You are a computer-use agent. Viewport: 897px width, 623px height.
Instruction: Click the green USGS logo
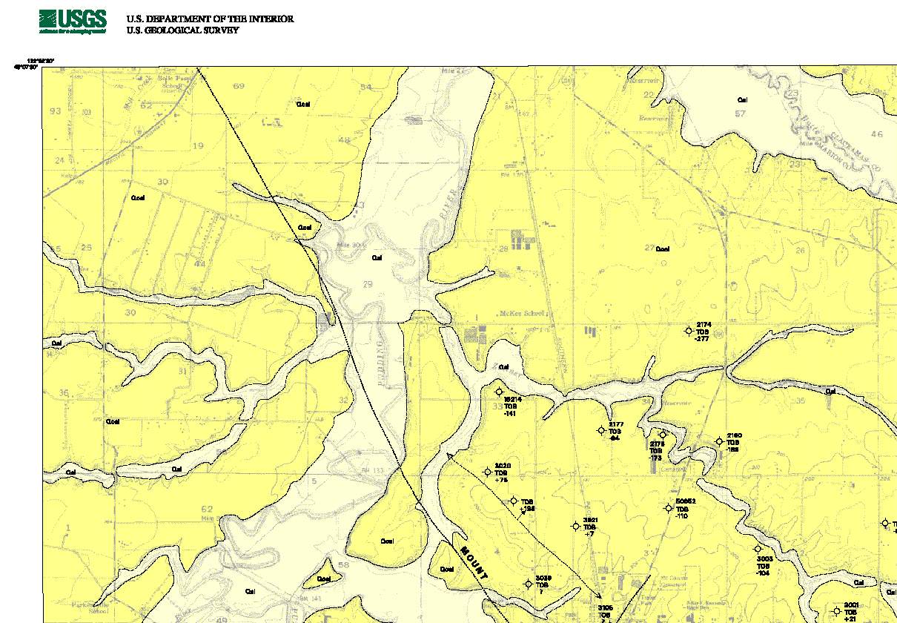tap(72, 22)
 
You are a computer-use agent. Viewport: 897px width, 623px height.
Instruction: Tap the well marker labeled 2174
tap(689, 331)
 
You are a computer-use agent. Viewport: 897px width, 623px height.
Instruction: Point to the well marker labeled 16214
tap(499, 392)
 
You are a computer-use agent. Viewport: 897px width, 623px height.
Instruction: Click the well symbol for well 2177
tap(601, 430)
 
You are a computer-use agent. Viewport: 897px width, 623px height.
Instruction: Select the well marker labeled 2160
tap(719, 441)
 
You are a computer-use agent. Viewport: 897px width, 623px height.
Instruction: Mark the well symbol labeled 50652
tap(669, 508)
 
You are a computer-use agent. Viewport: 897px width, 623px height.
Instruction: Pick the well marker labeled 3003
tap(758, 549)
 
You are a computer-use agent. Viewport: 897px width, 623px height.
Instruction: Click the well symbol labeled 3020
tap(488, 472)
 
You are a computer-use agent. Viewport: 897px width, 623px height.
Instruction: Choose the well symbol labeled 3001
tap(837, 611)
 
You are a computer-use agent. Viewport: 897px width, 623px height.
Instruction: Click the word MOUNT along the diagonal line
tap(475, 564)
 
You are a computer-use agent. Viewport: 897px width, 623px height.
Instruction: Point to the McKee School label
tap(523, 313)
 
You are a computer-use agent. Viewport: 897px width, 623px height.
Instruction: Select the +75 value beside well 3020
tap(500, 480)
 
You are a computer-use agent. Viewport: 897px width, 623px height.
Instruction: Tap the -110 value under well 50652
tap(682, 515)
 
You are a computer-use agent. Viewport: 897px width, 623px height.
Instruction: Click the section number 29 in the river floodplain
tap(368, 285)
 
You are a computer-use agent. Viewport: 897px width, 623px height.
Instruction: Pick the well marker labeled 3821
tap(575, 526)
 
